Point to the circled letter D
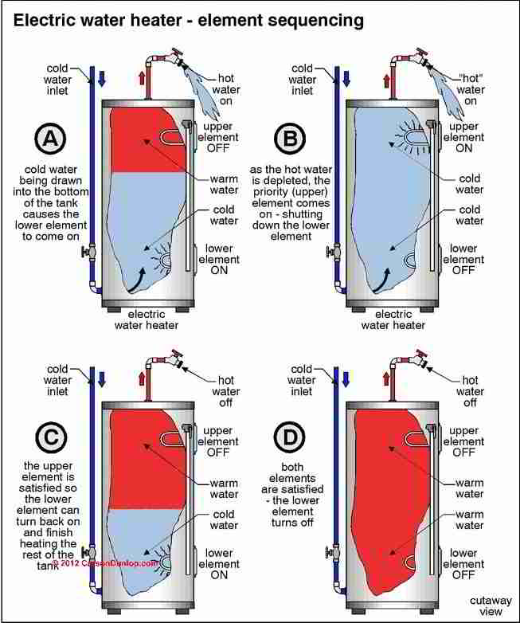(289, 437)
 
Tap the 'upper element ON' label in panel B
(463, 137)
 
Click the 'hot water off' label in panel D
(471, 392)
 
